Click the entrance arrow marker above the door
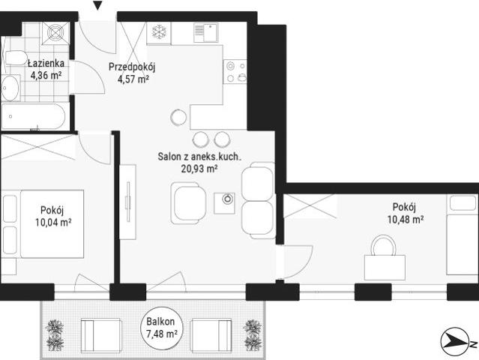(97, 5)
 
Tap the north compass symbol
(455, 342)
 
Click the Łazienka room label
(46, 63)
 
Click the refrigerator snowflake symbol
(159, 31)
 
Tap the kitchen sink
(205, 33)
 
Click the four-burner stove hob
(235, 71)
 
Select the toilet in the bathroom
(15, 58)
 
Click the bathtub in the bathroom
(34, 116)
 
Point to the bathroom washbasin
(10, 88)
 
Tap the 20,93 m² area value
(199, 169)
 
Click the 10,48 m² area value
(406, 220)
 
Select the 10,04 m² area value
(53, 222)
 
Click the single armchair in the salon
(188, 203)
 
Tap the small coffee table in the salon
(225, 203)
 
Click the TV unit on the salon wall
(127, 202)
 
